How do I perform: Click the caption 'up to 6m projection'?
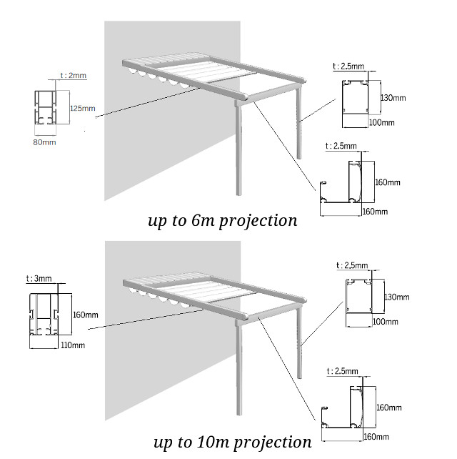tap(222, 220)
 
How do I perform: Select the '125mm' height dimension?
tap(82, 109)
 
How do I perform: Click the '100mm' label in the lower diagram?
tap(384, 321)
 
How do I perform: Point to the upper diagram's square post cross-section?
tap(355, 97)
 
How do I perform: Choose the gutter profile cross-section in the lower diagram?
tap(346, 408)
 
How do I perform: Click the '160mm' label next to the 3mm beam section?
tap(86, 315)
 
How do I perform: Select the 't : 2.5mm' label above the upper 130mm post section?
tap(348, 66)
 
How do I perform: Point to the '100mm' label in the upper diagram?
tap(383, 122)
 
